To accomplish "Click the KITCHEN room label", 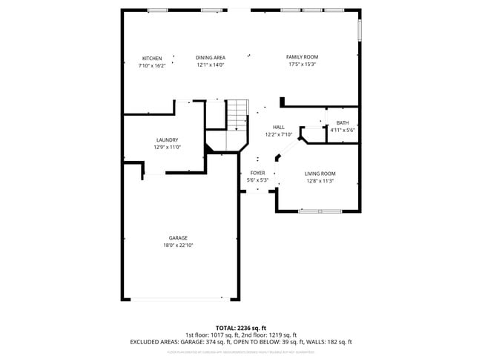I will pyautogui.click(x=152, y=59).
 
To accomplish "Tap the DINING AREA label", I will pyautogui.click(x=211, y=58).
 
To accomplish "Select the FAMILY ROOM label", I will pyautogui.click(x=302, y=57).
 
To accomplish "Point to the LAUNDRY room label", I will pyautogui.click(x=167, y=140).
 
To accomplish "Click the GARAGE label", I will pyautogui.click(x=178, y=238).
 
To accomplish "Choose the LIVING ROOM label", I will pyautogui.click(x=320, y=174).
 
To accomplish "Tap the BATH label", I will pyautogui.click(x=343, y=123).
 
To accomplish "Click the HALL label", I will pyautogui.click(x=279, y=128).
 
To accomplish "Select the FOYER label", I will pyautogui.click(x=257, y=173).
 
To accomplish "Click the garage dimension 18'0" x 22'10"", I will pyautogui.click(x=178, y=246).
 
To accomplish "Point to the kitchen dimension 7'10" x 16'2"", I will pyautogui.click(x=152, y=65).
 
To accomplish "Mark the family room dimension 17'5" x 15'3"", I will pyautogui.click(x=302, y=65).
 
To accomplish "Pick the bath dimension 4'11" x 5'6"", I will pyautogui.click(x=343, y=130).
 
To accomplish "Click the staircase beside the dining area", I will pyautogui.click(x=237, y=115).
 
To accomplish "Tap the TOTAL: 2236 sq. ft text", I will pyautogui.click(x=240, y=328).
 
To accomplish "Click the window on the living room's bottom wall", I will pyautogui.click(x=320, y=212).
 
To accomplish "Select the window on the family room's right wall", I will pyautogui.click(x=360, y=29).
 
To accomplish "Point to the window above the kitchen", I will pyautogui.click(x=157, y=10).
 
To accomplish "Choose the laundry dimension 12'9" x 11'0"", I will pyautogui.click(x=167, y=147).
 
